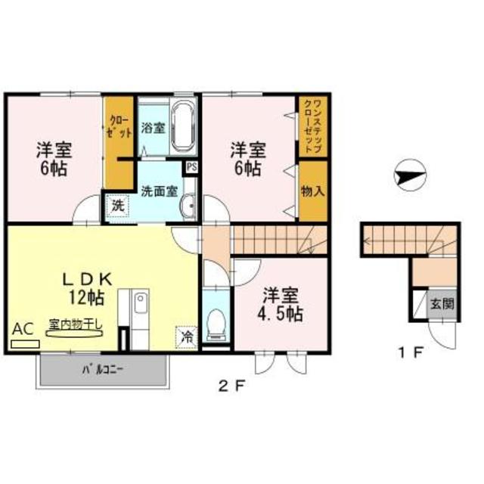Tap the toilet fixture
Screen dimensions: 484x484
pyautogui.click(x=215, y=323)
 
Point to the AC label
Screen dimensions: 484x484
pyautogui.click(x=23, y=329)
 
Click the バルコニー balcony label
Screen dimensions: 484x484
pyautogui.click(x=103, y=371)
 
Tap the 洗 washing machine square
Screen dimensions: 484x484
pyautogui.click(x=117, y=205)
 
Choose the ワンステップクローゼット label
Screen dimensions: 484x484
pyautogui.click(x=312, y=125)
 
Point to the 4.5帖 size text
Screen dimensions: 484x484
pyautogui.click(x=283, y=314)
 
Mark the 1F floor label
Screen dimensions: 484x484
pyautogui.click(x=405, y=352)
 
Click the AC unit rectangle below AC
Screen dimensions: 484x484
pyautogui.click(x=25, y=343)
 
